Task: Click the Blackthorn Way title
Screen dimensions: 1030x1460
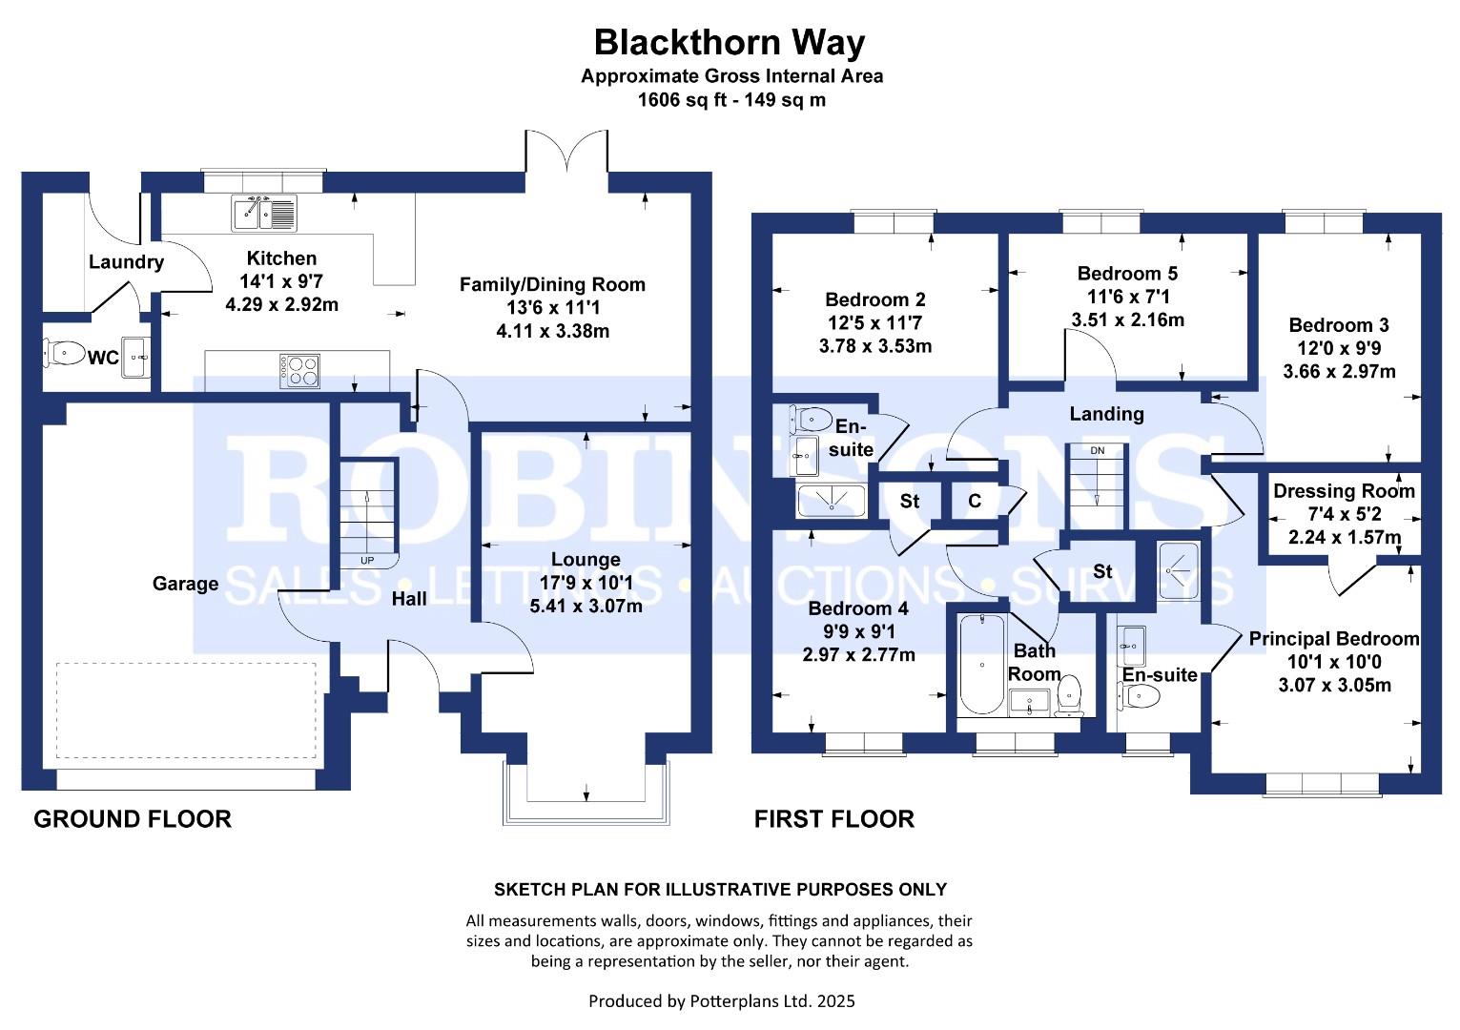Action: click(x=730, y=43)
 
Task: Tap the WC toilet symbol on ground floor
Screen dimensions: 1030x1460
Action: click(x=64, y=355)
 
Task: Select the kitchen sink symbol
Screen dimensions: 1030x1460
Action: click(x=265, y=213)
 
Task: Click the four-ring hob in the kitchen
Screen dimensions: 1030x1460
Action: click(x=299, y=370)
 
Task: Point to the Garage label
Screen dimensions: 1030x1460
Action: click(x=185, y=584)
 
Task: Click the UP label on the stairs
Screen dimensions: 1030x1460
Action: click(x=367, y=560)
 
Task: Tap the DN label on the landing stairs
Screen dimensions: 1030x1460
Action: click(x=1098, y=450)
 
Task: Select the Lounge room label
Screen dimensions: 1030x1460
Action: click(x=586, y=560)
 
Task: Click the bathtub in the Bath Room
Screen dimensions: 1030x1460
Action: click(x=981, y=665)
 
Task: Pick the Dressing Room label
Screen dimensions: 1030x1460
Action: click(x=1344, y=491)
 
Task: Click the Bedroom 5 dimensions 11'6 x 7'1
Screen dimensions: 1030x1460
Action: click(x=1127, y=297)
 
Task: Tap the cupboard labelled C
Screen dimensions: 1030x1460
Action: click(x=975, y=501)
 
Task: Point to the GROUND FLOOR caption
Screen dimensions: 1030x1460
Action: click(x=133, y=819)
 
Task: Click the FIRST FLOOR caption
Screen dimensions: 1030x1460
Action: click(x=833, y=819)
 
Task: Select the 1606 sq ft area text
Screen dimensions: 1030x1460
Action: click(x=731, y=99)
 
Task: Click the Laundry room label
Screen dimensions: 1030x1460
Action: click(x=126, y=262)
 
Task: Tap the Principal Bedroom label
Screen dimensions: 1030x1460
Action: click(x=1334, y=639)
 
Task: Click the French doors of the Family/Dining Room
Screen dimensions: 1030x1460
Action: click(x=566, y=153)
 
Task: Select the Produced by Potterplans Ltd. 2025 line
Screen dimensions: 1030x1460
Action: click(x=721, y=1001)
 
